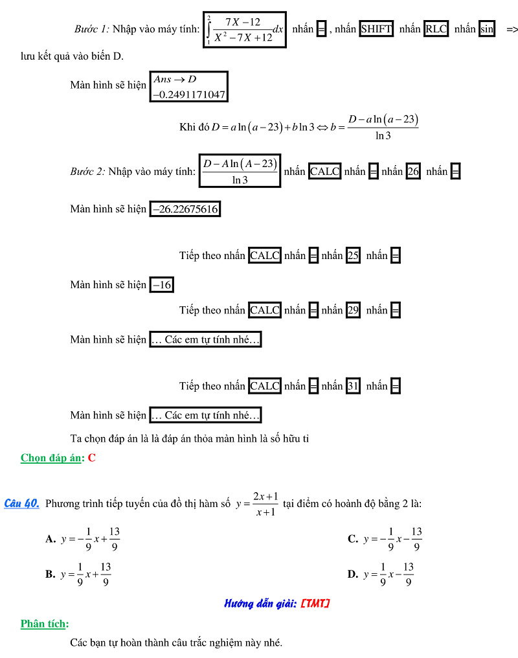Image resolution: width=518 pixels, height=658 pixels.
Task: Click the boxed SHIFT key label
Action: pyautogui.click(x=376, y=29)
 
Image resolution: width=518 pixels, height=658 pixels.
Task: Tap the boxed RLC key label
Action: pyautogui.click(x=436, y=29)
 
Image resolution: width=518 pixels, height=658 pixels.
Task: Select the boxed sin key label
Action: pyautogui.click(x=486, y=29)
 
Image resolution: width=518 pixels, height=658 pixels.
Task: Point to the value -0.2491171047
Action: pyautogui.click(x=189, y=95)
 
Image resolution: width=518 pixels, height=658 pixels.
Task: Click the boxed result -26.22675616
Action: pyautogui.click(x=185, y=209)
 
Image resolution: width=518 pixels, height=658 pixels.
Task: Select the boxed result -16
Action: pyautogui.click(x=162, y=285)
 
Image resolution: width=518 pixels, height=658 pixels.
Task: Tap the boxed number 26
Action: pyautogui.click(x=413, y=172)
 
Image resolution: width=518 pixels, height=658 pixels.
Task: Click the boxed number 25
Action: pyautogui.click(x=353, y=256)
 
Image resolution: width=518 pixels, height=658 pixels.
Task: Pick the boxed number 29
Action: pyautogui.click(x=353, y=310)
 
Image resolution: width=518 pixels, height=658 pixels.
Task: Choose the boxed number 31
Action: pyautogui.click(x=353, y=386)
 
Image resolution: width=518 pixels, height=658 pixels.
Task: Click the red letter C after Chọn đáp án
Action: pyautogui.click(x=92, y=458)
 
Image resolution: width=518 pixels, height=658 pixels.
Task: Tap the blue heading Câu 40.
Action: pyautogui.click(x=22, y=503)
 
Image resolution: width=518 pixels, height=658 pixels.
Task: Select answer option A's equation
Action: pyautogui.click(x=91, y=539)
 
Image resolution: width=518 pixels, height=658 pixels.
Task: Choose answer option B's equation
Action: pyautogui.click(x=86, y=574)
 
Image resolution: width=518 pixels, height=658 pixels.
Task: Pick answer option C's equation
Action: pyautogui.click(x=392, y=539)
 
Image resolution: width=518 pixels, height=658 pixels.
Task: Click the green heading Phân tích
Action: pyautogui.click(x=44, y=624)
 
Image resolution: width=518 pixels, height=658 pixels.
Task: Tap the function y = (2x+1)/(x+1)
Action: pyautogui.click(x=257, y=504)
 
